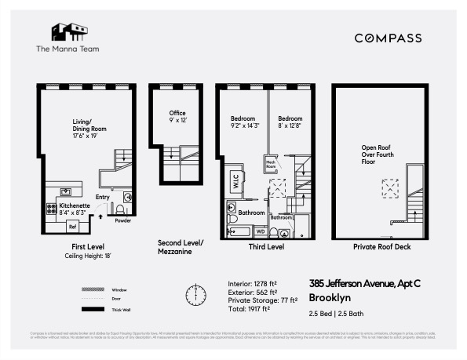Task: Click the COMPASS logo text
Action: click(x=388, y=38)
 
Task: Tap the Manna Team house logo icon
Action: click(x=68, y=31)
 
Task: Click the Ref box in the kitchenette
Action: click(x=72, y=227)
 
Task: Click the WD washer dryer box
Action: click(x=261, y=231)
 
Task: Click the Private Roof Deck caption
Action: click(x=381, y=247)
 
